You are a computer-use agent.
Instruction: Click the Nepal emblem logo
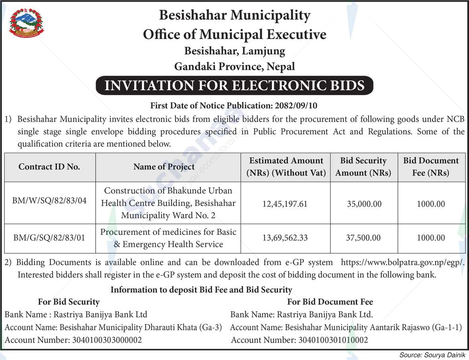pyautogui.click(x=27, y=23)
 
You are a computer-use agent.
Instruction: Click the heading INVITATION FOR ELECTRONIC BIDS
pyautogui.click(x=234, y=86)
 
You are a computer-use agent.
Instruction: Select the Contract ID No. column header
pyautogui.click(x=49, y=167)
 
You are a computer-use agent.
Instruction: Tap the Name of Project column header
pyautogui.click(x=164, y=167)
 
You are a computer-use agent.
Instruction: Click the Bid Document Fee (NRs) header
pyautogui.click(x=431, y=166)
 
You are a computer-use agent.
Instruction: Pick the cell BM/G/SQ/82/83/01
pyautogui.click(x=49, y=238)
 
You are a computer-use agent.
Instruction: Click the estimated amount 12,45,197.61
pyautogui.click(x=285, y=204)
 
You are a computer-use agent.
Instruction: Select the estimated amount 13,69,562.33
pyautogui.click(x=285, y=238)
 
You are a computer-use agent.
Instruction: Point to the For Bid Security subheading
pyautogui.click(x=69, y=302)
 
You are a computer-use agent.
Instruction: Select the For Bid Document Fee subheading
pyautogui.click(x=330, y=302)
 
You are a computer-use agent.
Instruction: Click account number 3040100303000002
pyautogui.click(x=106, y=340)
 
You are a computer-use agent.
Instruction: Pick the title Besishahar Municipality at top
pyautogui.click(x=235, y=15)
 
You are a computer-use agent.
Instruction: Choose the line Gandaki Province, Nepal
pyautogui.click(x=235, y=66)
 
